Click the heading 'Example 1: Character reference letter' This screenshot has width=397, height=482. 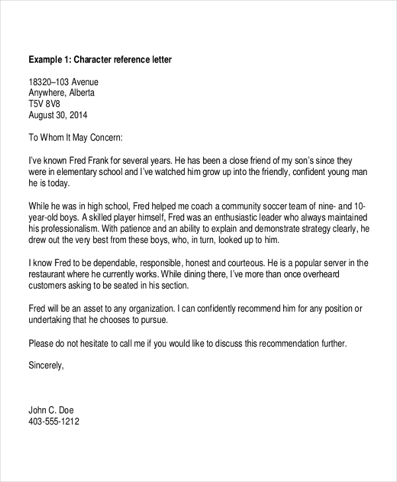[100, 60]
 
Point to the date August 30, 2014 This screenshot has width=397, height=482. [58, 115]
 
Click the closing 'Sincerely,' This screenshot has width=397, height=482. [46, 364]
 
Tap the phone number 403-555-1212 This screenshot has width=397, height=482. [54, 421]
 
